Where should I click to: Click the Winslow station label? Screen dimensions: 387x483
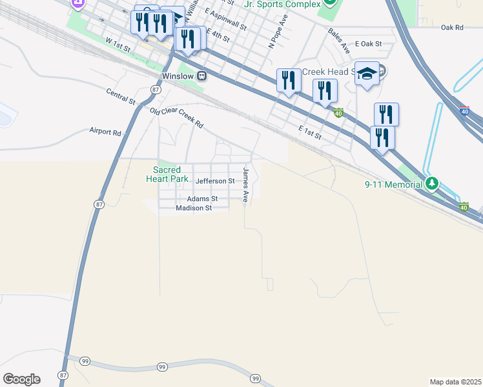178,76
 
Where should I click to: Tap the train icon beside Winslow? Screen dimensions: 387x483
202,76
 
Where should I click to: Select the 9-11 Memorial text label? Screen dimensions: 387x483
394,184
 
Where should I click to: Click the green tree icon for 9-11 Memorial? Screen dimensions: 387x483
433,184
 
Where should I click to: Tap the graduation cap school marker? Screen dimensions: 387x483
367,74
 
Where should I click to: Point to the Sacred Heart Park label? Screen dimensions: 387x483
167,174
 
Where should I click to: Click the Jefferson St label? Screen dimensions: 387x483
214,181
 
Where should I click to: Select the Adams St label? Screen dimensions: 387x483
203,199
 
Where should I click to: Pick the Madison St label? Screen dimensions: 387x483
194,208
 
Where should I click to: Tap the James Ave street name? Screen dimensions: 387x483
245,186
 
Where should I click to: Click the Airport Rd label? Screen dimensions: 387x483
105,132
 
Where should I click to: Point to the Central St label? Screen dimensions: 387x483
121,97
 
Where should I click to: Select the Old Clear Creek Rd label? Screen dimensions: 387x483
176,117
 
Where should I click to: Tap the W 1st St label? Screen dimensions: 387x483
118,45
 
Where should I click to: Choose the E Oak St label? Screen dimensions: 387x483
369,44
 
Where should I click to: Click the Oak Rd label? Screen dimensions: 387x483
452,28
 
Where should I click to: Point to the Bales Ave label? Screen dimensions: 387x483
339,40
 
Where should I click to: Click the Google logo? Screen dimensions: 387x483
21,379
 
